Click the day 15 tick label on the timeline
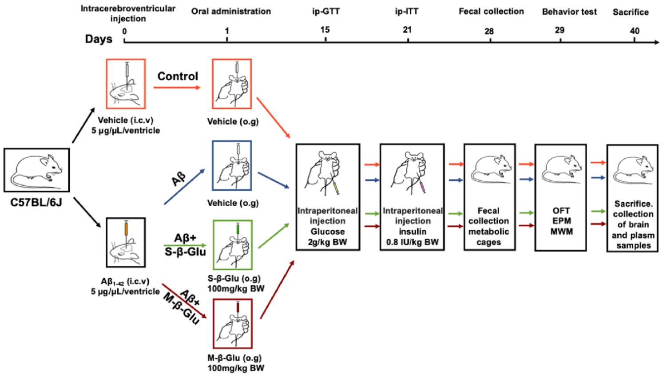click(325, 30)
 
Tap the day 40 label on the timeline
click(635, 31)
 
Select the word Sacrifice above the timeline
click(631, 12)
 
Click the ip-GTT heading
click(326, 12)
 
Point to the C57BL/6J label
click(36, 203)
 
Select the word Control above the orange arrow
click(178, 76)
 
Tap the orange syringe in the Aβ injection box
click(127, 229)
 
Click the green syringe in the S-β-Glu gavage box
click(238, 230)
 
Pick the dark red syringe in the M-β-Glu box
click(238, 308)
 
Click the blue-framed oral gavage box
click(232, 165)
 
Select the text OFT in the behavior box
click(561, 211)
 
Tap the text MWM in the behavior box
click(561, 232)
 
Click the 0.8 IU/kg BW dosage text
click(412, 242)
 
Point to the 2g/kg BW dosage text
click(328, 242)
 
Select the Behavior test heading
click(569, 12)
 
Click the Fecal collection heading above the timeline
click(491, 12)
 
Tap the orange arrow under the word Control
click(177, 88)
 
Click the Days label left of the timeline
click(99, 39)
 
